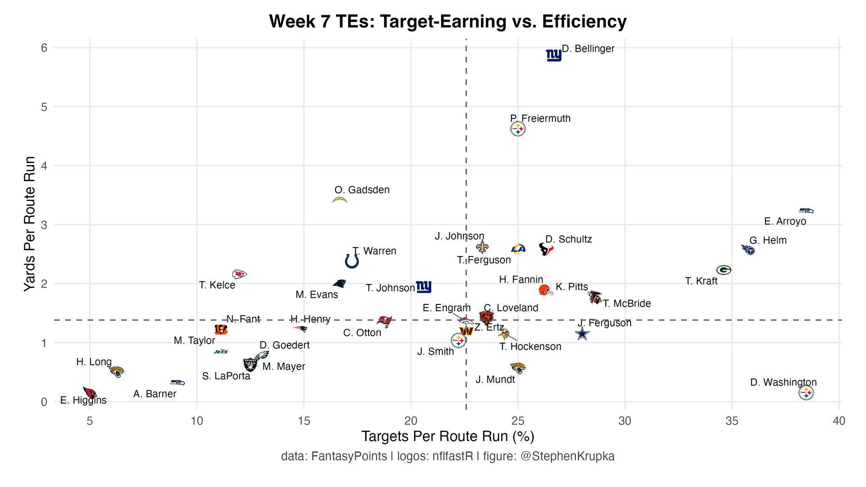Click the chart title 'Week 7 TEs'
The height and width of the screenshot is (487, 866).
click(447, 22)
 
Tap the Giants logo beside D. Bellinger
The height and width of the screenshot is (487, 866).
click(553, 55)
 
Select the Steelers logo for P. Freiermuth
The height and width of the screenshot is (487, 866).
click(518, 129)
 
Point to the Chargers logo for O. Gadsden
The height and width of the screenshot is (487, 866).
click(340, 200)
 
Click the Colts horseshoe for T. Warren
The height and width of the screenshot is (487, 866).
click(352, 261)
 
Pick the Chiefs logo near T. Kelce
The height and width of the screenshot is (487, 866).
click(239, 274)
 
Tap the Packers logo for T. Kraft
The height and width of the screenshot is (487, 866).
click(723, 270)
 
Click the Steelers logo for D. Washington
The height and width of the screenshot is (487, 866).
click(806, 393)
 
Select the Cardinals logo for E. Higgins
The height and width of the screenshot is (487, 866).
click(90, 392)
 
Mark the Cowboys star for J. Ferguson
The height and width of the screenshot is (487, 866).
click(582, 334)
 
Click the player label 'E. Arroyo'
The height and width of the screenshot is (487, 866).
click(785, 221)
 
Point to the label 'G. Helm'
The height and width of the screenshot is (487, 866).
click(768, 240)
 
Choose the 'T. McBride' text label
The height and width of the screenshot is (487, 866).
click(627, 303)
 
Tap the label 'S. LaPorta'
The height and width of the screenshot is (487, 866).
click(226, 376)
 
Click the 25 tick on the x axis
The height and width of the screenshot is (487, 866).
click(518, 421)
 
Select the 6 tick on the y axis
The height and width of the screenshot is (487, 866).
click(44, 48)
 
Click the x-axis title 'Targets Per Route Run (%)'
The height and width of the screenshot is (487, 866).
click(447, 436)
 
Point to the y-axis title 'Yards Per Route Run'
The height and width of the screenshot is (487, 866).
click(30, 224)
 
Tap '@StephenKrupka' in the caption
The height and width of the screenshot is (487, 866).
click(567, 456)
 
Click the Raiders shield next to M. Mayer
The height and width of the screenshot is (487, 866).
click(250, 364)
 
